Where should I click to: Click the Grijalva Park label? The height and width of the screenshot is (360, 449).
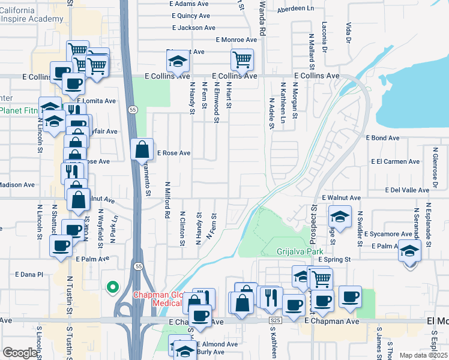point(300,251)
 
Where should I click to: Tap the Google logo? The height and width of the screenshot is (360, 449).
point(20,352)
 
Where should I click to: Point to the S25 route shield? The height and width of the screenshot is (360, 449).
point(275,322)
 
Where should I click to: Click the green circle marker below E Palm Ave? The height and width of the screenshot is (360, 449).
point(112,288)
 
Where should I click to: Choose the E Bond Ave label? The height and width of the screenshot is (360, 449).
point(382,138)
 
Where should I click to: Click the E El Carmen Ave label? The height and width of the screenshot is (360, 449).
point(395,161)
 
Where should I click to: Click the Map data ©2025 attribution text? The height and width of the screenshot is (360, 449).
point(423,355)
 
